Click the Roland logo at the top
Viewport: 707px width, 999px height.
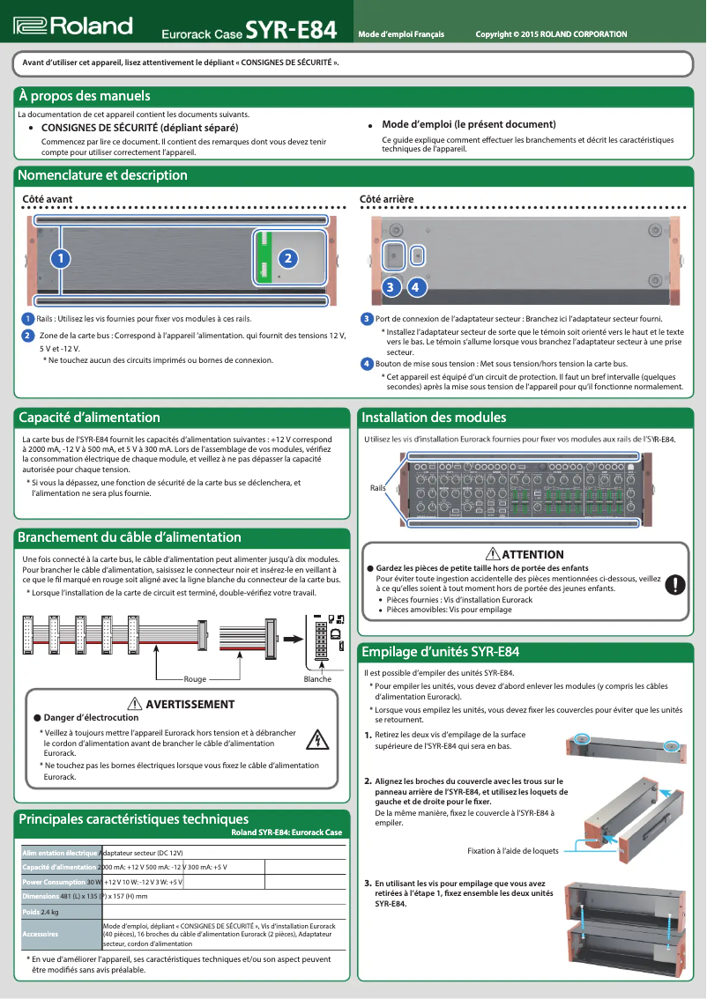tap(73, 27)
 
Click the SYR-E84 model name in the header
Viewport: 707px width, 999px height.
tap(291, 32)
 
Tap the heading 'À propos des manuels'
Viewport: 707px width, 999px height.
tap(85, 96)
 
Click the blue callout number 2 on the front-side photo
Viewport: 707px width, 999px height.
tap(287, 258)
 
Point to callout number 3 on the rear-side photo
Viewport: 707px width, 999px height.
tap(391, 287)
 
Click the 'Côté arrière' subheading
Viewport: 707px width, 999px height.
tap(387, 200)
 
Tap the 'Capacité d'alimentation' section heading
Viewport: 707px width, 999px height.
tap(90, 418)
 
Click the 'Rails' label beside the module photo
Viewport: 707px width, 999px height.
tap(378, 487)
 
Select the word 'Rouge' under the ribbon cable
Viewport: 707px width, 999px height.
tap(195, 679)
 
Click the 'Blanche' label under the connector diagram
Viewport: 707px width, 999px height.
tap(317, 679)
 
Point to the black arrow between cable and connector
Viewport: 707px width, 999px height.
tap(290, 638)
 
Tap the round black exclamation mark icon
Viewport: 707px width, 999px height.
tap(674, 583)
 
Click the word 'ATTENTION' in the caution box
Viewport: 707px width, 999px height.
tap(532, 554)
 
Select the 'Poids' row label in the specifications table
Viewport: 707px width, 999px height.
tap(31, 912)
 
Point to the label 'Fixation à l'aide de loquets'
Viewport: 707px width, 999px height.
tap(513, 851)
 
